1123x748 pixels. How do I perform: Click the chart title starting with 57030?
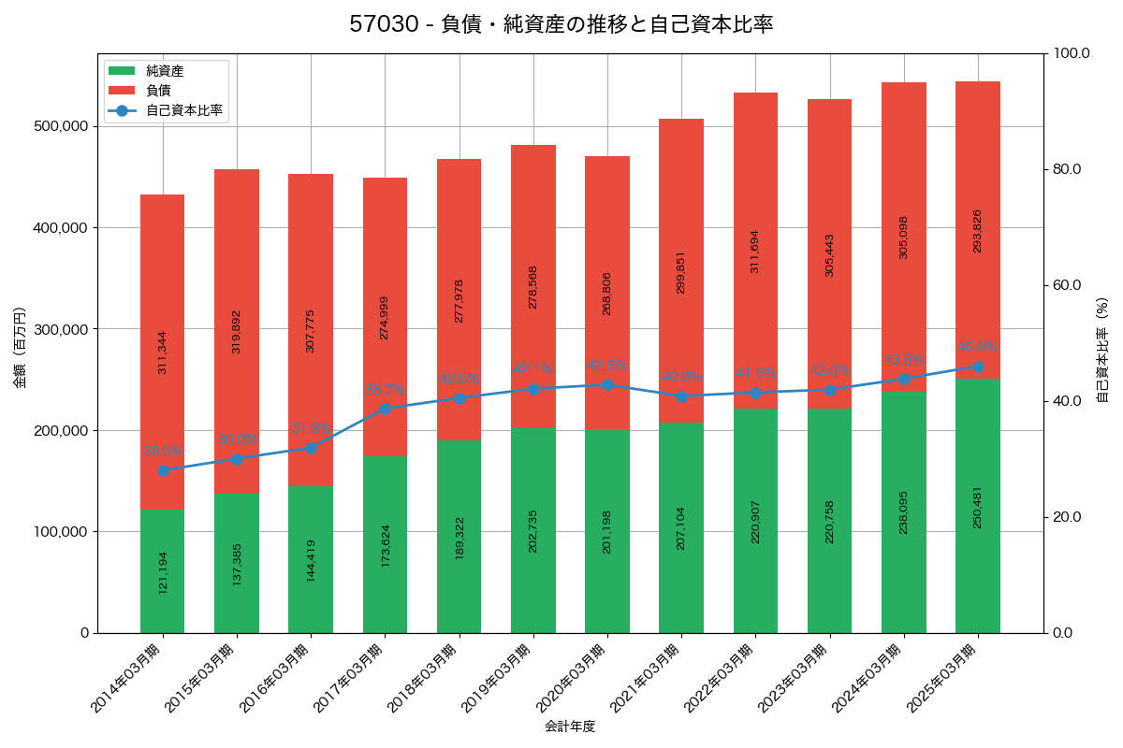point(561,24)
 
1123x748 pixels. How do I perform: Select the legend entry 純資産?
point(165,71)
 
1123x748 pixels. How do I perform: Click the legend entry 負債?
point(158,91)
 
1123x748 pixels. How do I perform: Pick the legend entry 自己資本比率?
point(183,110)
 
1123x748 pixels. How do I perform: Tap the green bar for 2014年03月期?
point(163,571)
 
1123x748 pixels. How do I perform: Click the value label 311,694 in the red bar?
point(755,252)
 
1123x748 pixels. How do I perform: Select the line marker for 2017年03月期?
point(385,409)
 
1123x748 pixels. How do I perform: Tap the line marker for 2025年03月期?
point(978,367)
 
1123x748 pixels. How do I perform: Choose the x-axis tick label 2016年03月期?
point(274,680)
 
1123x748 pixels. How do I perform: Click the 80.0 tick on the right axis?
point(1066,169)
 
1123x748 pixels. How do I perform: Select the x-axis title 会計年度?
point(570,726)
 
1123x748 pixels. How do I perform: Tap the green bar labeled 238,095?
point(904,512)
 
